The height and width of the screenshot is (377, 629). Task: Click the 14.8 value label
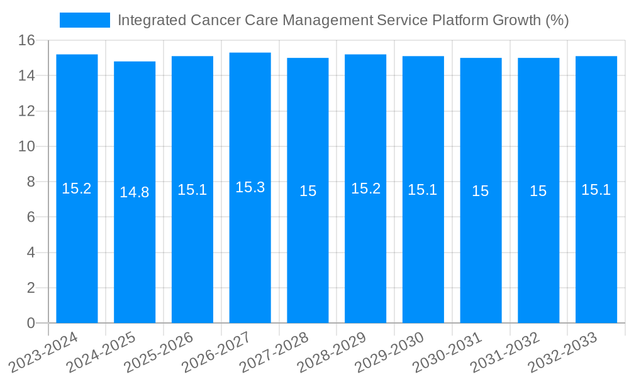pos(135,192)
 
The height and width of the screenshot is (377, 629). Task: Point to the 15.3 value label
pos(250,187)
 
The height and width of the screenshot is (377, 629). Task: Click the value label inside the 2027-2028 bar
pos(308,191)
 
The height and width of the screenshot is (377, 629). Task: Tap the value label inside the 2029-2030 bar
pos(423,190)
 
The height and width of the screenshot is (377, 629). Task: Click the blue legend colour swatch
pos(85,20)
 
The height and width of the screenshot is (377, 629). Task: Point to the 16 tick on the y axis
pos(26,40)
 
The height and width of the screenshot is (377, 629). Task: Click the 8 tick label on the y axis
pos(30,182)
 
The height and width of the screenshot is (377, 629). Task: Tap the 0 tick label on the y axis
pos(30,323)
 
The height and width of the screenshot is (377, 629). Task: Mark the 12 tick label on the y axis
pos(26,111)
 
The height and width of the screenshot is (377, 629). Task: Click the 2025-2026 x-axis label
pos(159,352)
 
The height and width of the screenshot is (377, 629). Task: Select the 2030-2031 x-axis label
pos(447,352)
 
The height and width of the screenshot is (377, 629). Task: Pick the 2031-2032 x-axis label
pos(505,352)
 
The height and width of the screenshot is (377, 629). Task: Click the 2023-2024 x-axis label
pos(43,352)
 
